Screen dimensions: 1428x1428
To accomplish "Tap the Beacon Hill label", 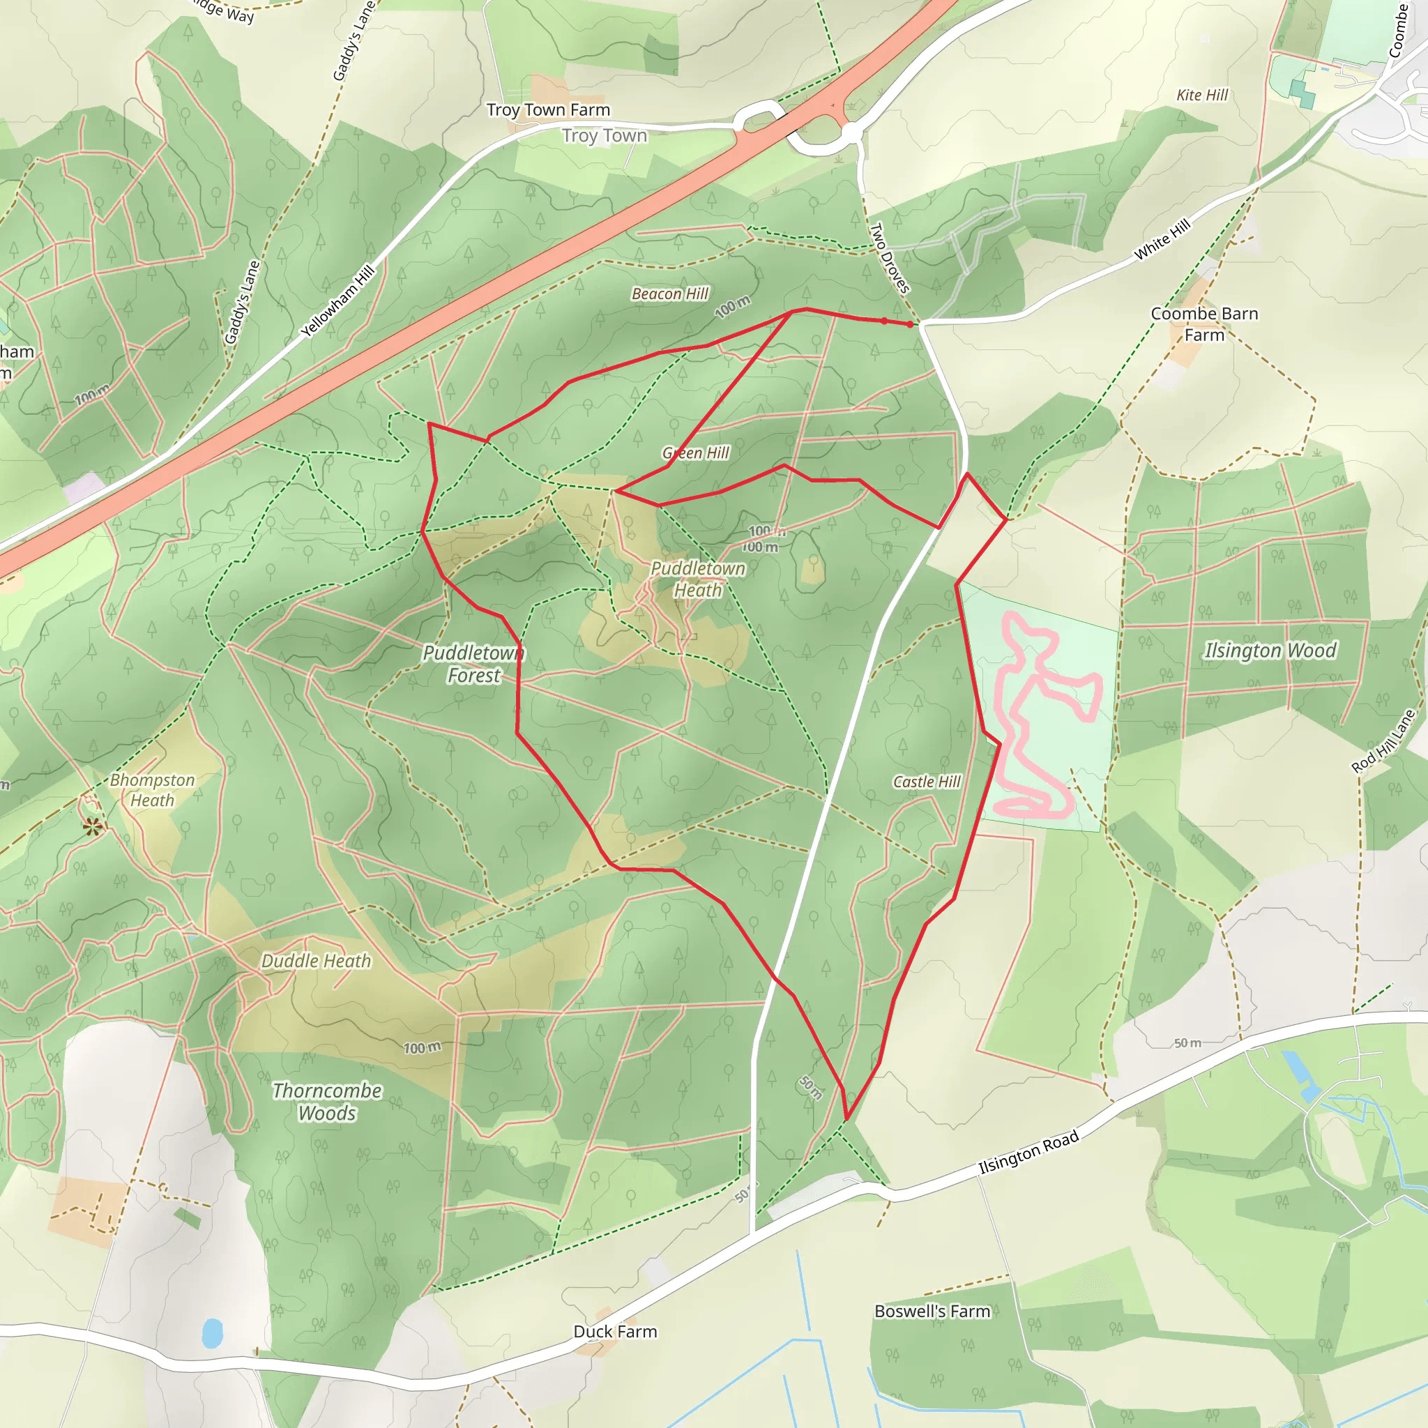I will click(x=669, y=294).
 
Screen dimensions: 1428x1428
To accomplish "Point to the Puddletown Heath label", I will click(x=698, y=579).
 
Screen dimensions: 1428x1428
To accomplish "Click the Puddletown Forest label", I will click(x=473, y=664).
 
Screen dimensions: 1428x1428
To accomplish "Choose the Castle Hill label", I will click(x=926, y=782).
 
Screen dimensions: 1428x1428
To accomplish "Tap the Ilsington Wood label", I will click(x=1270, y=651).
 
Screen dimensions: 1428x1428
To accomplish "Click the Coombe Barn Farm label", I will click(x=1204, y=324).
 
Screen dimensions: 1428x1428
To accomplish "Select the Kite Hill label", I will click(x=1202, y=96).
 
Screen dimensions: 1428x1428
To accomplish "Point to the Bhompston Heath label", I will click(x=152, y=790).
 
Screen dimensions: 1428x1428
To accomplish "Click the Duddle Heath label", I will click(x=317, y=961).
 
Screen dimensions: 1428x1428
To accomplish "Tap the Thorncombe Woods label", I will click(x=327, y=1102).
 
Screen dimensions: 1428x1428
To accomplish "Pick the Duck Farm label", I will click(x=615, y=1332).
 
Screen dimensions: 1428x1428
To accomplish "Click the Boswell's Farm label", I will click(x=932, y=1312).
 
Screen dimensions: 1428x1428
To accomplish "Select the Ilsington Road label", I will click(x=1028, y=1153).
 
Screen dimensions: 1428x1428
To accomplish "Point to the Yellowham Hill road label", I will click(x=337, y=301).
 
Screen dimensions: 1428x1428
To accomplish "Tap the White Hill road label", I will click(x=1162, y=239).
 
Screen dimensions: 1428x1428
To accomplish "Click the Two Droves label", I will click(x=889, y=258).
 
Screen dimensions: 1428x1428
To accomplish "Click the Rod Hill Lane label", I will click(x=1383, y=741).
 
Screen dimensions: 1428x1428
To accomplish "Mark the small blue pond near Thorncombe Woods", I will click(x=212, y=1332).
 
